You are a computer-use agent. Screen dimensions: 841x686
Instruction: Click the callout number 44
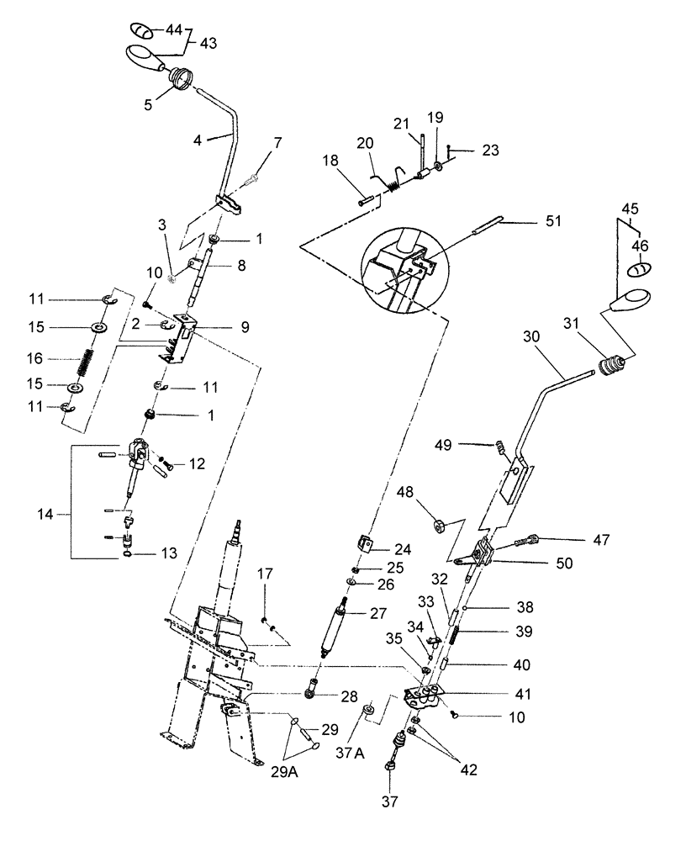tap(173, 29)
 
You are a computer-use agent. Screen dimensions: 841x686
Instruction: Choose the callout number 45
tap(631, 208)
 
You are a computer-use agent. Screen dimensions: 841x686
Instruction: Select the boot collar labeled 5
tap(182, 81)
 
